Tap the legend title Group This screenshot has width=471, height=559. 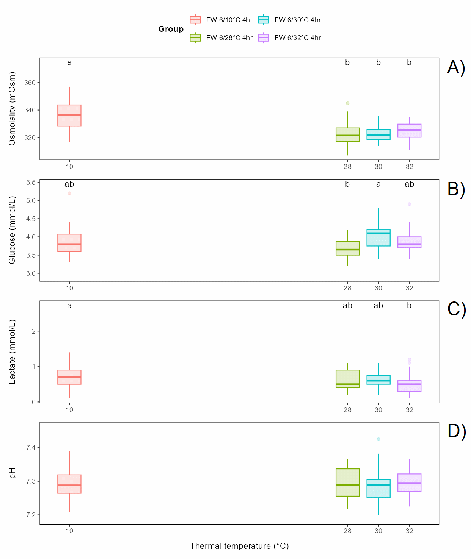[x=171, y=29]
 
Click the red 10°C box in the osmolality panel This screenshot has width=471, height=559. [x=69, y=116]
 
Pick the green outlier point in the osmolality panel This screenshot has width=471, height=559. [x=347, y=103]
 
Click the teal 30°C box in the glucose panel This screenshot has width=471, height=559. [x=378, y=238]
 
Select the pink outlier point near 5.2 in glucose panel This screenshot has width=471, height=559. [x=69, y=193]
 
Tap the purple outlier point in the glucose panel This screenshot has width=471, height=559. [x=409, y=204]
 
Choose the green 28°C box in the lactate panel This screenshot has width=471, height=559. [x=347, y=379]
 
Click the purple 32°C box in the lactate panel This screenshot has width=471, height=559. [x=409, y=386]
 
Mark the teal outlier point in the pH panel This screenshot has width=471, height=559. [x=378, y=439]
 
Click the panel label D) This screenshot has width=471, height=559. [x=456, y=431]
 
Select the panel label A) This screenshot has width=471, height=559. [x=456, y=67]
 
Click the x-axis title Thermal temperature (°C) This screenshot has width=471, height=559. [x=239, y=546]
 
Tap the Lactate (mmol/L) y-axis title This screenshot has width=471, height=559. [x=12, y=351]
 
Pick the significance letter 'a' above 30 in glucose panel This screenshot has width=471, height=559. [x=378, y=184]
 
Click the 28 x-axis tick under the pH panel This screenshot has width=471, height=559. [x=347, y=531]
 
